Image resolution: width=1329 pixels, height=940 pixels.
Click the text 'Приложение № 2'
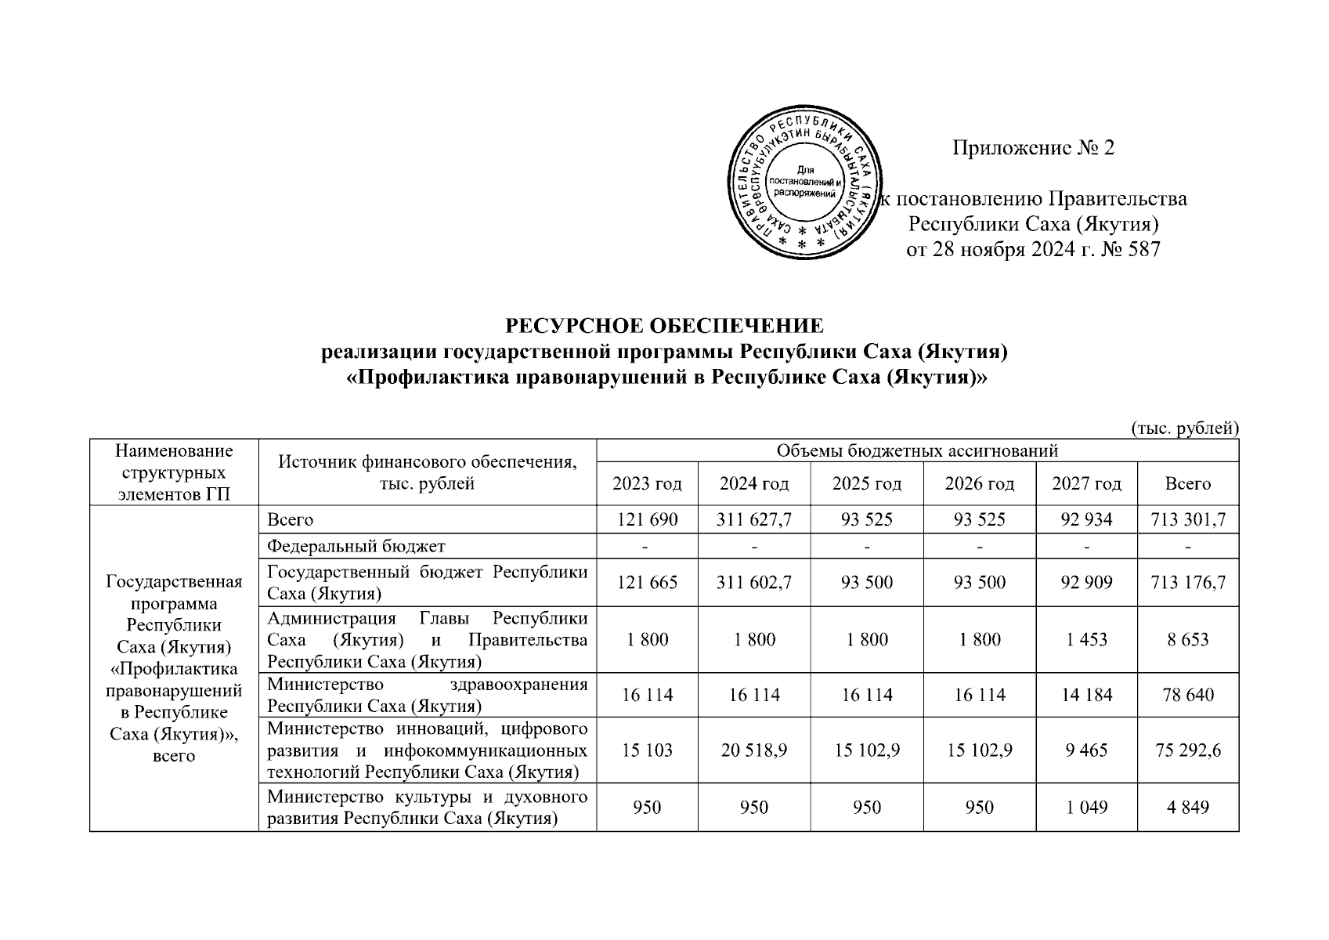coord(1032,147)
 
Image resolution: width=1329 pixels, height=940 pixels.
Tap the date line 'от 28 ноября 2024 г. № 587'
coord(1032,250)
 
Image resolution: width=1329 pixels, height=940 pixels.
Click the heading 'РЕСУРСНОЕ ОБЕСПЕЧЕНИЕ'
coord(664,325)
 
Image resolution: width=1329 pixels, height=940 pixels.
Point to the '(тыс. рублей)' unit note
coord(1185,428)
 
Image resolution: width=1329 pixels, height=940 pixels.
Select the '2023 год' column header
coord(647,484)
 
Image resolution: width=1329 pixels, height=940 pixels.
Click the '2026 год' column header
coord(979,484)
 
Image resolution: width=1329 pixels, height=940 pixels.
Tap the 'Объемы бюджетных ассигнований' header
coord(917,450)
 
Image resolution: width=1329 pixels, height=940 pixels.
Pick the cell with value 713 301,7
coord(1188,519)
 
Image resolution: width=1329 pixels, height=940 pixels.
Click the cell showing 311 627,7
coord(753,519)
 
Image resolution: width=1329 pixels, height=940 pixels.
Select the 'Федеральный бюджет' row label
coord(356,546)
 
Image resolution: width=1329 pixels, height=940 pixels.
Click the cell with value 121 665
coord(647,583)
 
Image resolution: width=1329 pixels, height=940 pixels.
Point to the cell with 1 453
coord(1086,639)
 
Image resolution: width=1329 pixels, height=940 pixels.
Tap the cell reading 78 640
coord(1188,695)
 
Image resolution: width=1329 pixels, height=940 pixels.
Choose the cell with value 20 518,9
coord(753,750)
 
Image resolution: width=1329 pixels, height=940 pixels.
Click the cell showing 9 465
coord(1086,750)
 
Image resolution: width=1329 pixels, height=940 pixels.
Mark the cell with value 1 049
coord(1086,807)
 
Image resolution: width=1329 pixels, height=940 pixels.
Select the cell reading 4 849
coord(1188,807)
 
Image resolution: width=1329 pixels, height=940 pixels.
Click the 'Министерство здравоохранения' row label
coord(427,695)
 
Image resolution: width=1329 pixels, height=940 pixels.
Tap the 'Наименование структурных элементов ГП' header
coord(174,472)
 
